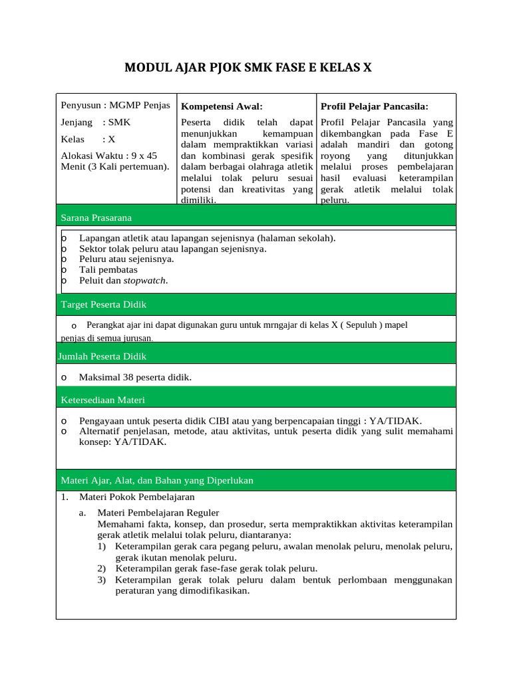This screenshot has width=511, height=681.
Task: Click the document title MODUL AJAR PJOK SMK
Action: coord(249,67)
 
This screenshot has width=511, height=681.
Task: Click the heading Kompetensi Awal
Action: coord(222,106)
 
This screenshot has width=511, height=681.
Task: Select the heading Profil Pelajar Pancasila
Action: coord(375,106)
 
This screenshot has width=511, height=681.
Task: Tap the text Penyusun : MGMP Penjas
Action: coord(115,105)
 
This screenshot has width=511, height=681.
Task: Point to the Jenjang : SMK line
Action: coord(96,122)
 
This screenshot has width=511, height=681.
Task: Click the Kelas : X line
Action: coord(88,139)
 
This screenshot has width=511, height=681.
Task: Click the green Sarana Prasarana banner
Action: coord(256,217)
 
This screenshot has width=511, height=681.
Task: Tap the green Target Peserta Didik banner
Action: coord(256,305)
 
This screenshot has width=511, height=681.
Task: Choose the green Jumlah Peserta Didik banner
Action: coord(256,356)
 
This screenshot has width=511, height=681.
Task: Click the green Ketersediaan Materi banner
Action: coord(256,400)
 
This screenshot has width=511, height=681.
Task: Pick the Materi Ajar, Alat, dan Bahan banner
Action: coord(256,480)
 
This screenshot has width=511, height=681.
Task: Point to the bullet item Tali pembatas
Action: coord(108,270)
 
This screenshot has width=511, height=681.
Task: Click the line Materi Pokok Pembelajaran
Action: coord(136,497)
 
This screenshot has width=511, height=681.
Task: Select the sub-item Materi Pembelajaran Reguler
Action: coord(158,513)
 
